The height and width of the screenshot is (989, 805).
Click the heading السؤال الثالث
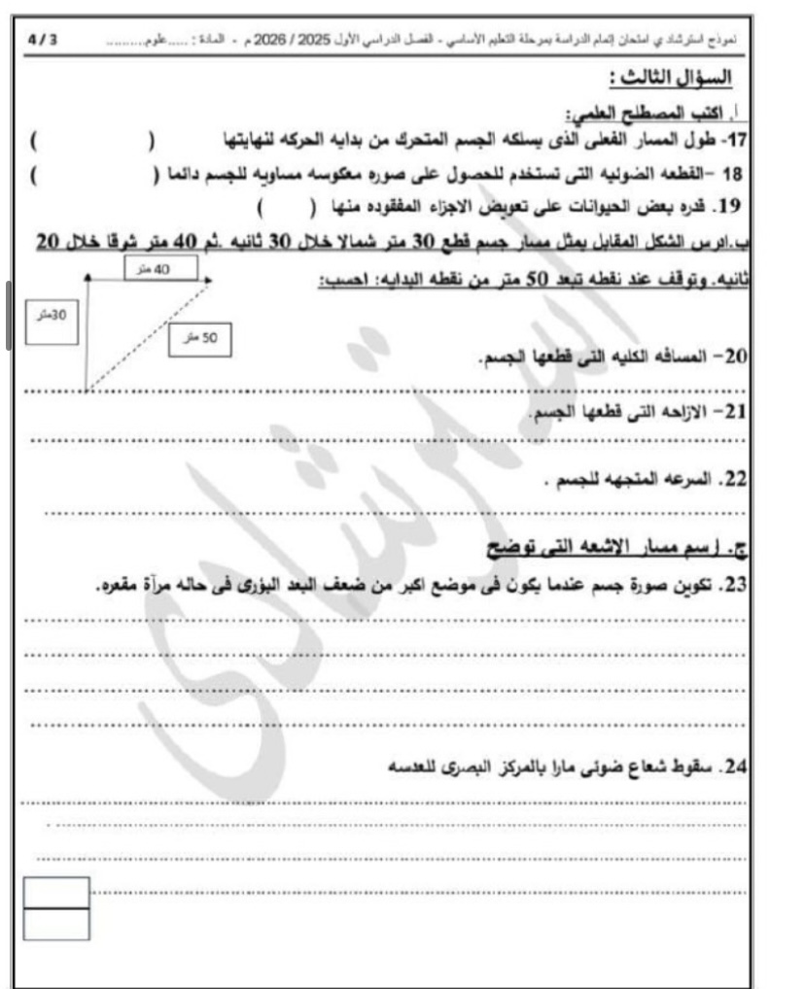coord(670,77)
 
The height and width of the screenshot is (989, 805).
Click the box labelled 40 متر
coord(161,266)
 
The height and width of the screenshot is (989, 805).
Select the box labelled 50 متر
coord(198,337)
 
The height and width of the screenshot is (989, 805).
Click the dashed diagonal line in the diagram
coord(146,335)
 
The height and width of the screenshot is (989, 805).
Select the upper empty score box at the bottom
coord(56,892)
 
